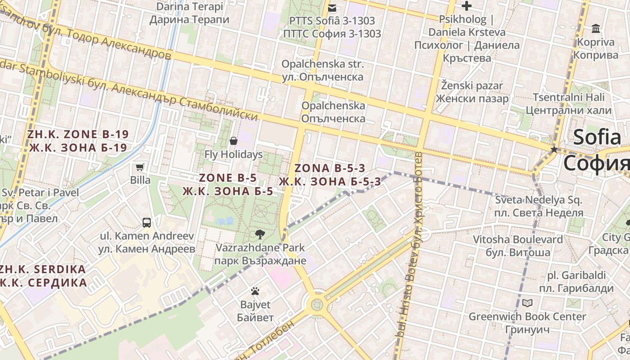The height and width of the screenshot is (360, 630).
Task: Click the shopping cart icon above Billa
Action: [139, 167]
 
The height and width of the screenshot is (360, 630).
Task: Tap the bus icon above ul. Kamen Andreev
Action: [146, 222]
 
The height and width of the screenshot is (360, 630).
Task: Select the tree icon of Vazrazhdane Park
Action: [260, 234]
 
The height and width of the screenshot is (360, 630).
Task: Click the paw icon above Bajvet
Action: [255, 291]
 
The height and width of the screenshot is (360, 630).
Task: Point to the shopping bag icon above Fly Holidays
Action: [233, 141]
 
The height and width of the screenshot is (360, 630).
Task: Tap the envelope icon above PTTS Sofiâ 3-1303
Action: [332, 8]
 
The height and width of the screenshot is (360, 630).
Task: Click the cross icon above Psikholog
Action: [467, 6]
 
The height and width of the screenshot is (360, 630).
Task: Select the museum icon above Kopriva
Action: [596, 29]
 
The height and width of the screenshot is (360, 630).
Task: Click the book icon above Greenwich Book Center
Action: [527, 303]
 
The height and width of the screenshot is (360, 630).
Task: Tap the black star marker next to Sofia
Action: [554, 149]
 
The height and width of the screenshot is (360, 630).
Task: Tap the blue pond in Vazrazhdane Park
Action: [225, 221]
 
